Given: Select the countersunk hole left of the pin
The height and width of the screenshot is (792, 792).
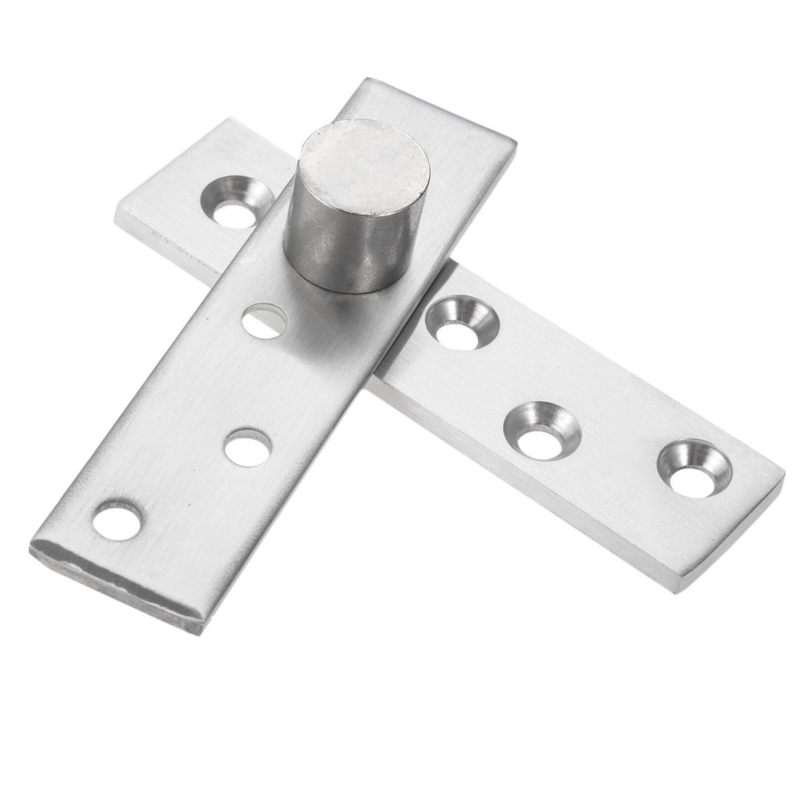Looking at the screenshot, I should [x=237, y=200].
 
